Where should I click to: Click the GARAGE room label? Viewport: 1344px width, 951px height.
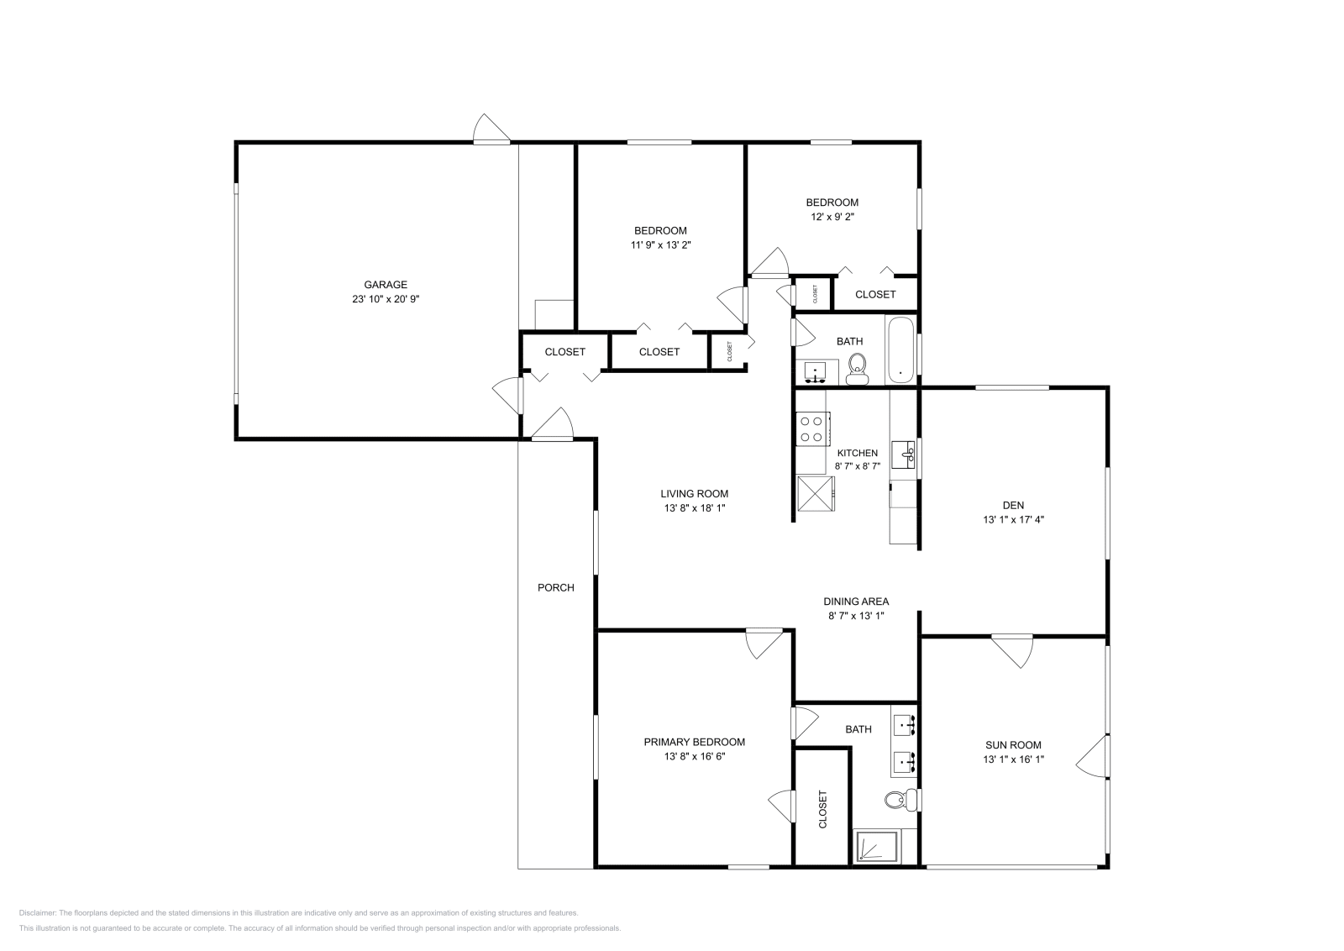pos(386,285)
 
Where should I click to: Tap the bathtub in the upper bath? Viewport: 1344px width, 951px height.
pos(901,350)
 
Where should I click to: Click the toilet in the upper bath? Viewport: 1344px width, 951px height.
pos(858,367)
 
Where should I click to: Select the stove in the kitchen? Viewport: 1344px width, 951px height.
pos(811,428)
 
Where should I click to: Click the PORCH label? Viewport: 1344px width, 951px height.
pos(556,588)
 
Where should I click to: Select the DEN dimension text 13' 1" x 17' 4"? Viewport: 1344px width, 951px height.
pos(1013,519)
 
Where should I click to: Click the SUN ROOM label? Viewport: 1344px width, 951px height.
pos(1013,745)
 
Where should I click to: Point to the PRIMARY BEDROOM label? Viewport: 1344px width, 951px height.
pos(694,742)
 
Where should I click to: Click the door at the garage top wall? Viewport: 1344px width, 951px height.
pos(492,129)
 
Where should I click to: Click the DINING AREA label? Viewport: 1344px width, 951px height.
pos(856,602)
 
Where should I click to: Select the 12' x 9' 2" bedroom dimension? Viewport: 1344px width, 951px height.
pos(832,217)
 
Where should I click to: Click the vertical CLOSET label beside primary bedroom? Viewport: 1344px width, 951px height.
pos(822,809)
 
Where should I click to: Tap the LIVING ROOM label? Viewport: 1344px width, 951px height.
pos(694,494)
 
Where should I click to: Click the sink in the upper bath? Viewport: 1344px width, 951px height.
pos(816,370)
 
